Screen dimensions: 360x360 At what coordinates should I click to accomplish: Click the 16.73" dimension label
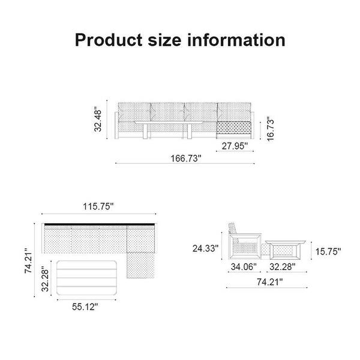(271, 130)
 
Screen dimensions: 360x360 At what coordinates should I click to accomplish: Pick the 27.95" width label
(232, 145)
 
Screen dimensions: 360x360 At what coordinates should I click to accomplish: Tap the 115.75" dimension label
(98, 206)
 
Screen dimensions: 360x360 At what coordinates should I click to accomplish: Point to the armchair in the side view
(243, 241)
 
